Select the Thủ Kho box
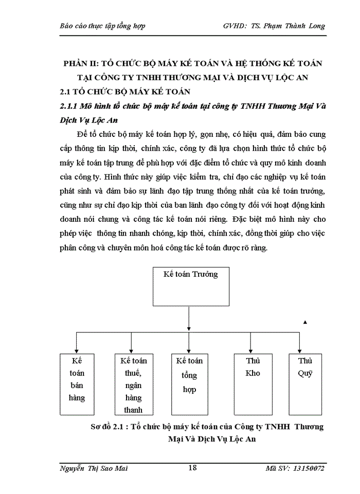coord(253,383)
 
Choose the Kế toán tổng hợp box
coord(190,383)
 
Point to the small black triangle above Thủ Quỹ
coord(305,322)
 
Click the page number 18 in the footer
coord(192,467)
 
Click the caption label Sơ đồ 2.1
coord(108,427)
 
